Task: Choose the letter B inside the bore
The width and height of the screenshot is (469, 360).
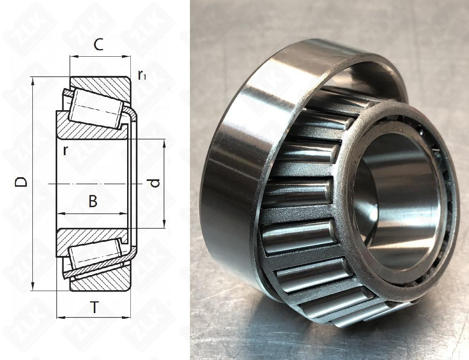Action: pos(93,202)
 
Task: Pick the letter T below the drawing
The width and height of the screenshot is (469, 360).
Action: pos(94,307)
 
